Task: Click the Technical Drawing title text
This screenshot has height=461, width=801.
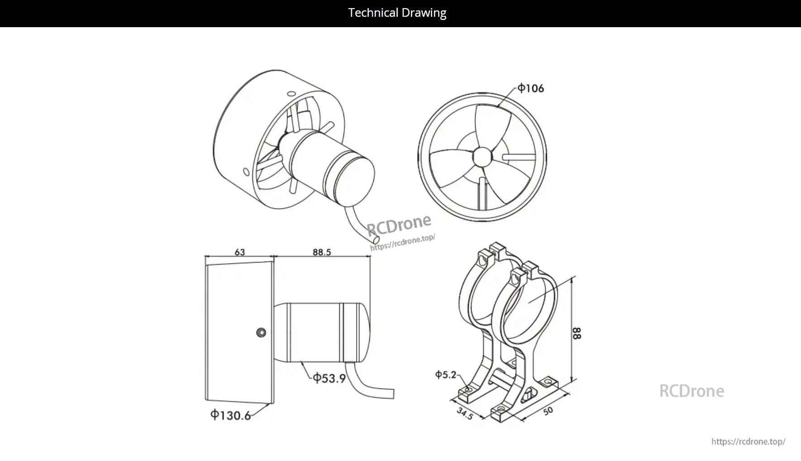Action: pos(397,13)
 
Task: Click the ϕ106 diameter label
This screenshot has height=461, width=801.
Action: pos(531,88)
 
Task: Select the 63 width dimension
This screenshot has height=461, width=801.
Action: pos(239,252)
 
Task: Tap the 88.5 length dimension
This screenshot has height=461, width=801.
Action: pos(321,252)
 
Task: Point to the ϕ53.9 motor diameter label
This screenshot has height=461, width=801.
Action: pos(329,378)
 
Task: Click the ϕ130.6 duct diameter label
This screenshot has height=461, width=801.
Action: pos(230,415)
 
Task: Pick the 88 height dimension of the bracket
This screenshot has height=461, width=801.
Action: pos(577,333)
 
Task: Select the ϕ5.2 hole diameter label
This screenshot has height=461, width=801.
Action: pos(445,375)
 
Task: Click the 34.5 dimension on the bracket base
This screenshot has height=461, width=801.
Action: pos(465,413)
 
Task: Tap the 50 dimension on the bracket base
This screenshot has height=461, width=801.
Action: pos(548,411)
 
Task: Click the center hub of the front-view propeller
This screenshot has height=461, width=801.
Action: pos(482,157)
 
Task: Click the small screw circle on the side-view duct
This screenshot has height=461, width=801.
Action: pos(261,333)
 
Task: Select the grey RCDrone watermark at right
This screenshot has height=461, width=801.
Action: pos(691,391)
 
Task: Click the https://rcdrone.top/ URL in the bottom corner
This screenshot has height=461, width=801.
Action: pos(748,442)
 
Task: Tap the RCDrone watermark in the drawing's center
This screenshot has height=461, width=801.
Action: pos(399,224)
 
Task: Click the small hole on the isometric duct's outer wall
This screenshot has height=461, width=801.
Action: pos(246,172)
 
